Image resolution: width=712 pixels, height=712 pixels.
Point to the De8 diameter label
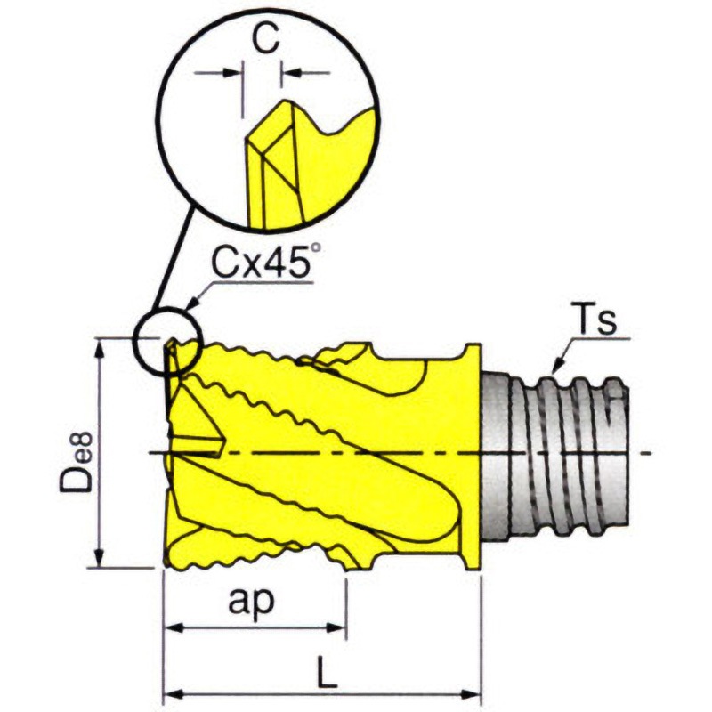pos(77,462)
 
